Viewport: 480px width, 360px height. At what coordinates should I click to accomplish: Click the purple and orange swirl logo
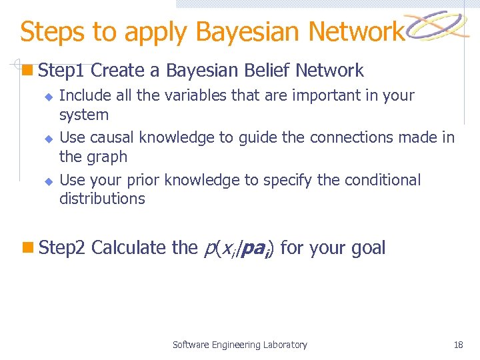[437, 27]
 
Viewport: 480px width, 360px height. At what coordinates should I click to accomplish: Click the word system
[84, 115]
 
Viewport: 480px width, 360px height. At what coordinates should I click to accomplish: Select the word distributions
[102, 199]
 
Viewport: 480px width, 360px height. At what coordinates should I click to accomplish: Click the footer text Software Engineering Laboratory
[240, 345]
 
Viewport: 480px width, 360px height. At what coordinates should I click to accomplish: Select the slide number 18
[458, 345]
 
